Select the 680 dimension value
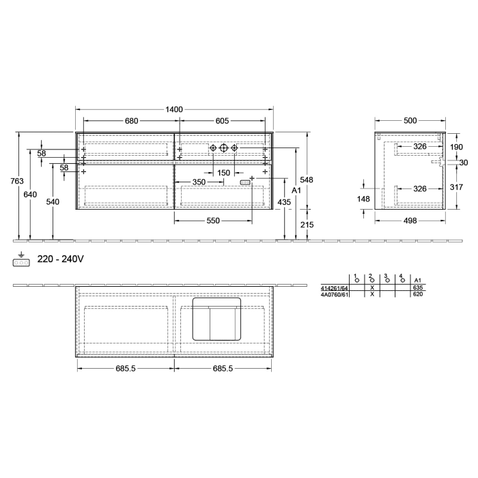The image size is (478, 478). click(131, 121)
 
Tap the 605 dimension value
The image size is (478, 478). click(222, 121)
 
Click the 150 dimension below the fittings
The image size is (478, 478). click(223, 173)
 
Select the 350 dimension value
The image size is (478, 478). click(198, 182)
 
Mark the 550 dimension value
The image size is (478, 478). click(213, 221)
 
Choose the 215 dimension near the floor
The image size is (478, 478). click(307, 225)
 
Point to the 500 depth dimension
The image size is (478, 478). click(410, 121)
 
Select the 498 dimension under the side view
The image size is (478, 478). click(410, 221)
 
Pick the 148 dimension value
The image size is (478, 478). click(363, 199)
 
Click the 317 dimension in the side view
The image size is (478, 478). click(456, 188)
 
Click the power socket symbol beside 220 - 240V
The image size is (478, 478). click(22, 261)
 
